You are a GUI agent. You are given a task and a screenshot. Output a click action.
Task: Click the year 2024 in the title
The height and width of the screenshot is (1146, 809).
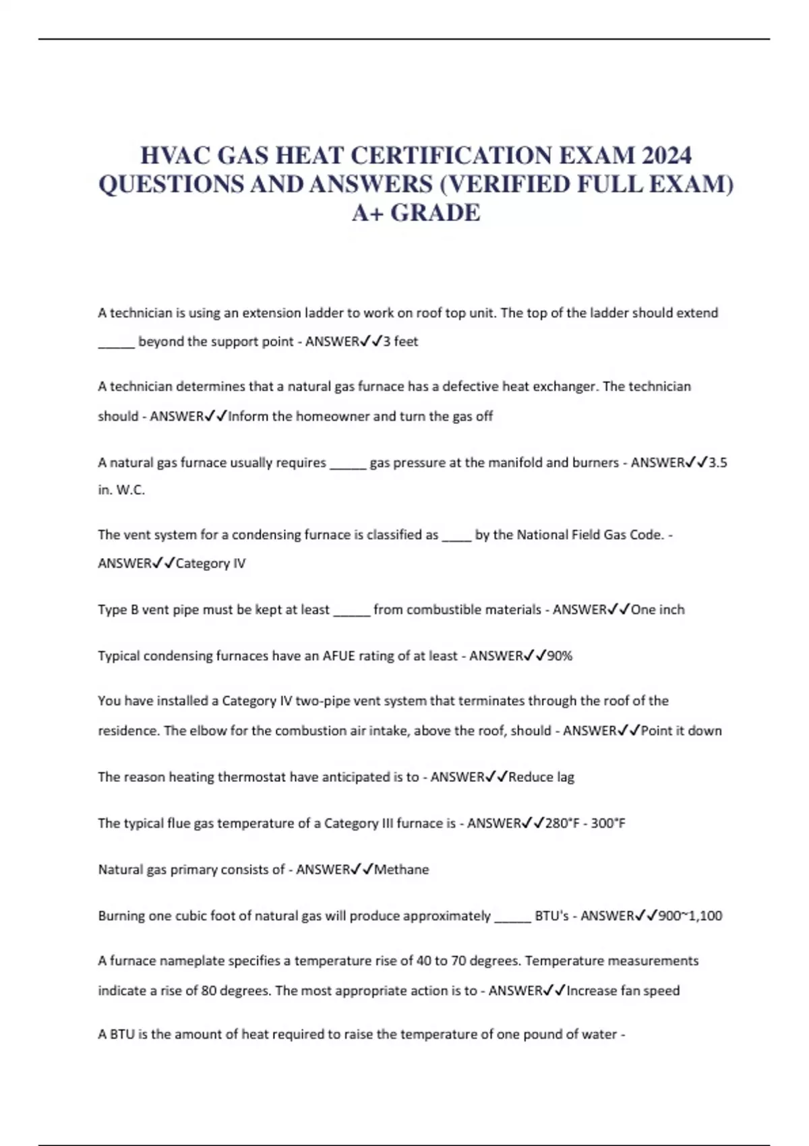point(666,156)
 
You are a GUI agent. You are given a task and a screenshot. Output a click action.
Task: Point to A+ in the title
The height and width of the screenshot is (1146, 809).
point(368,213)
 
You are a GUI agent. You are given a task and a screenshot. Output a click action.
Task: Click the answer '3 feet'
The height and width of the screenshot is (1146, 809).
point(400,342)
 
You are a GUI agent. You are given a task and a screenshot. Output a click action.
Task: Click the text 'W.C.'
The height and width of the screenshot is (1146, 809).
point(131,490)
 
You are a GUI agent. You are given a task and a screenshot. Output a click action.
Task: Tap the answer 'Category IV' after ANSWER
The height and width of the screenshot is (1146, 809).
point(210,564)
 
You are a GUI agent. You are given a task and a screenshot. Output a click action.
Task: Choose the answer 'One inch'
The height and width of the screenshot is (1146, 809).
point(657,609)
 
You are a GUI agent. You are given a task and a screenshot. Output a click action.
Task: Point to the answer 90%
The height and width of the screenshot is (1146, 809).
point(560,656)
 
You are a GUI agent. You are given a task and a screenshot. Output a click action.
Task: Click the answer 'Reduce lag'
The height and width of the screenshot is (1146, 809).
point(541,777)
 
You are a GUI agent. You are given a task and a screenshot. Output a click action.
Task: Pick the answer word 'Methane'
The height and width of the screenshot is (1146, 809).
point(401,870)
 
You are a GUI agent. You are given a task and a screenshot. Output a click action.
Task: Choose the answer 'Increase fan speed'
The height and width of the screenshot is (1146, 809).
point(623,991)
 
